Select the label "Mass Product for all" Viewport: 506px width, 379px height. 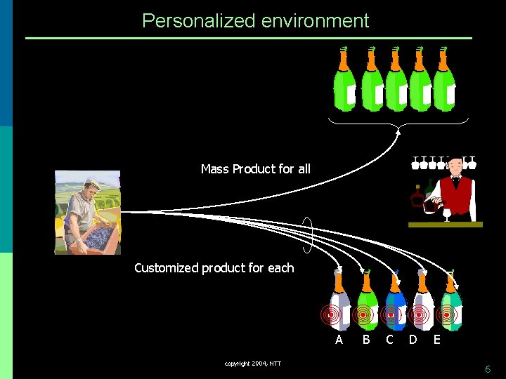click(x=255, y=169)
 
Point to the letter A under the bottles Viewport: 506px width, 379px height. click(x=339, y=340)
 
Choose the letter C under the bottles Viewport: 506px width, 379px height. click(x=389, y=340)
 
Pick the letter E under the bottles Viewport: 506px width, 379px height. click(x=437, y=340)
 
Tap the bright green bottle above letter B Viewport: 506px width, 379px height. click(x=367, y=305)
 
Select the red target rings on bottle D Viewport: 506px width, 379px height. click(x=420, y=316)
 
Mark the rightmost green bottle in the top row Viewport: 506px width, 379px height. click(x=444, y=84)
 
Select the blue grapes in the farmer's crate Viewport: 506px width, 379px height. click(x=98, y=235)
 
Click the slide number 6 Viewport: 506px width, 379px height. click(x=488, y=369)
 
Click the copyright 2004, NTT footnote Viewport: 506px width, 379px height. click(x=253, y=364)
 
